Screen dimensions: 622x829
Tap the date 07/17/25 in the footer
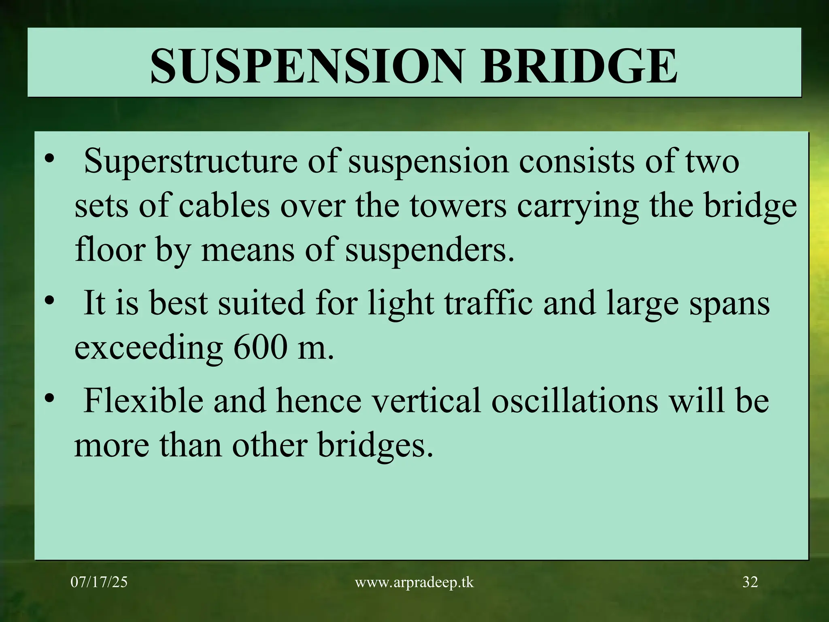[x=99, y=582]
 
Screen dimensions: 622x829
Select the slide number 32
[x=750, y=582]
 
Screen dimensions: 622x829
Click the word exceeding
[x=149, y=349]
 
